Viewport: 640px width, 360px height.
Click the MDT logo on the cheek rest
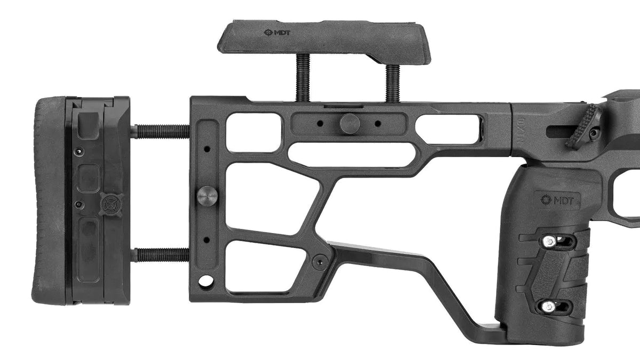coord(276,32)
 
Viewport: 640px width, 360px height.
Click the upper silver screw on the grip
coord(548,242)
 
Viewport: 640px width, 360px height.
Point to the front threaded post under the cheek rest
coord(392,83)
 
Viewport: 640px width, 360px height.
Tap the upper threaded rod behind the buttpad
coord(159,131)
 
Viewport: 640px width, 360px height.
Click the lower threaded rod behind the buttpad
coord(159,255)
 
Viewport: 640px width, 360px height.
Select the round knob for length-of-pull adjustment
coord(207,195)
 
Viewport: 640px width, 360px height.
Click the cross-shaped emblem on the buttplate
coord(111,204)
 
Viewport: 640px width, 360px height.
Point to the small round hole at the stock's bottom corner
coord(203,280)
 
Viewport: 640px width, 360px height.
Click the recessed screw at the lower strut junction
coord(320,261)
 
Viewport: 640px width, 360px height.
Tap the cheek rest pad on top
coord(325,42)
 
